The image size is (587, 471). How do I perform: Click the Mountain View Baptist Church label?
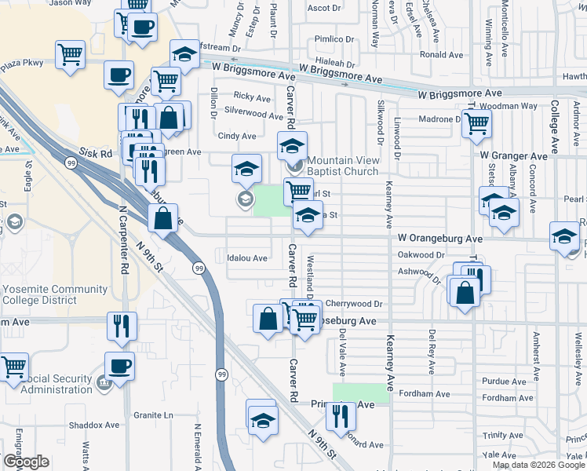coord(342,166)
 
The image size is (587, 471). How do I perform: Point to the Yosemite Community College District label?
coord(55,294)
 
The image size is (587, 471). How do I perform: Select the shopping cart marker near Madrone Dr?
coord(476,123)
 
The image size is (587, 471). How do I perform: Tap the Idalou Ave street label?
coord(247,257)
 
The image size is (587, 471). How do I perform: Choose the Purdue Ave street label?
coord(499,381)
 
